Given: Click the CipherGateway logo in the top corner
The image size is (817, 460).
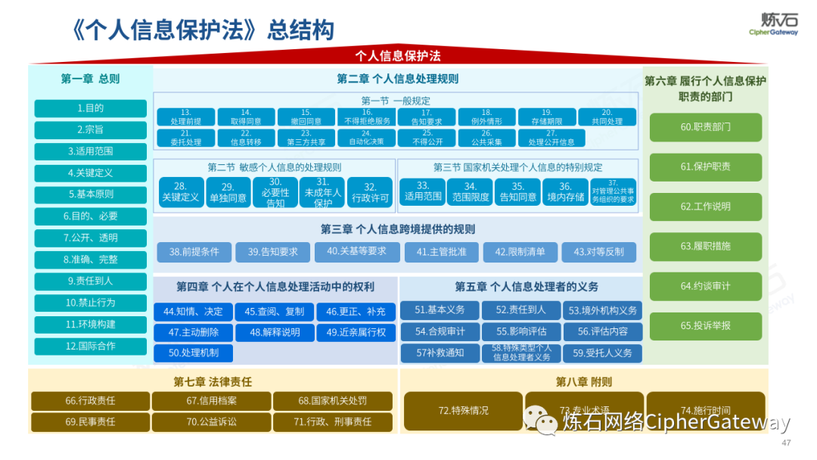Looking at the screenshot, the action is pyautogui.click(x=773, y=23).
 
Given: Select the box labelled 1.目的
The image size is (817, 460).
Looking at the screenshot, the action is pyautogui.click(x=90, y=108).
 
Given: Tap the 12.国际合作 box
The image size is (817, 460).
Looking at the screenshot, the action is pyautogui.click(x=90, y=346).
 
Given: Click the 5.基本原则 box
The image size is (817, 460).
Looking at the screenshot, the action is pyautogui.click(x=90, y=194).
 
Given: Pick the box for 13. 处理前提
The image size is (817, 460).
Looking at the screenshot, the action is pyautogui.click(x=186, y=117).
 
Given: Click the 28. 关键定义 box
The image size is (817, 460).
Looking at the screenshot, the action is pyautogui.click(x=181, y=192).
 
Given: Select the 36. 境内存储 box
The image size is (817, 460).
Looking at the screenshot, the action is pyautogui.click(x=565, y=192).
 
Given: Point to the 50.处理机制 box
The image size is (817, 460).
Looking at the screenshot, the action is pyautogui.click(x=193, y=353).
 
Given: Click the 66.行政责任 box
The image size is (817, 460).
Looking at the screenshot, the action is pyautogui.click(x=90, y=401).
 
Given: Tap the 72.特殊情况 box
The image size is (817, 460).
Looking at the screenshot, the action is pyautogui.click(x=463, y=411).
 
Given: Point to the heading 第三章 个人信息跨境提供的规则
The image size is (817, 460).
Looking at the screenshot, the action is pyautogui.click(x=398, y=229).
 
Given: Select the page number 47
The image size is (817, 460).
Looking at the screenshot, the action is pyautogui.click(x=785, y=443).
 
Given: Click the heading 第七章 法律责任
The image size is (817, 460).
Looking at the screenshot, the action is pyautogui.click(x=213, y=382).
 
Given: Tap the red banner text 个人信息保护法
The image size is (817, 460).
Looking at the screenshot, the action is pyautogui.click(x=398, y=56).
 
